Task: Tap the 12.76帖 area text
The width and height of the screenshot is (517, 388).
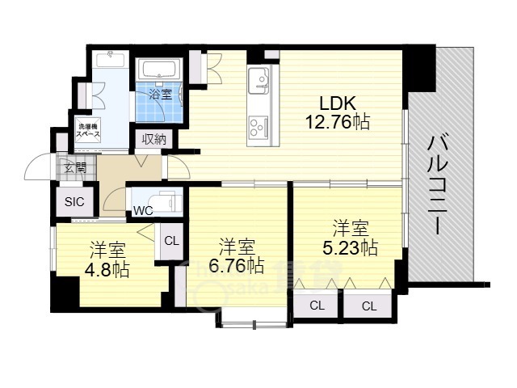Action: pyautogui.click(x=337, y=123)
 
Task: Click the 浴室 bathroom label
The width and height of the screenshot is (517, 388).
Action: pyautogui.click(x=158, y=95)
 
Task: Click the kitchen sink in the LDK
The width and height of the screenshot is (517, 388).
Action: pyautogui.click(x=259, y=80)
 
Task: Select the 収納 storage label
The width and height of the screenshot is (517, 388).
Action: pyautogui.click(x=154, y=139)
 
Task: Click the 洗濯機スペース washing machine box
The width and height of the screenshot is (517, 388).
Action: pyautogui.click(x=89, y=131)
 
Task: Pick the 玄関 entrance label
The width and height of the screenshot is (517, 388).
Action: pyautogui.click(x=76, y=168)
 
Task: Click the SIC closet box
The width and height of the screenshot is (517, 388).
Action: pyautogui.click(x=69, y=203)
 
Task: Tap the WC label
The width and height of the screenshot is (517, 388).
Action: pyautogui.click(x=144, y=211)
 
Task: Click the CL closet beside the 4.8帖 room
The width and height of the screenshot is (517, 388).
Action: pyautogui.click(x=171, y=241)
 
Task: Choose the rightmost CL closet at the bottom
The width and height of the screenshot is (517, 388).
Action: pyautogui.click(x=368, y=306)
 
